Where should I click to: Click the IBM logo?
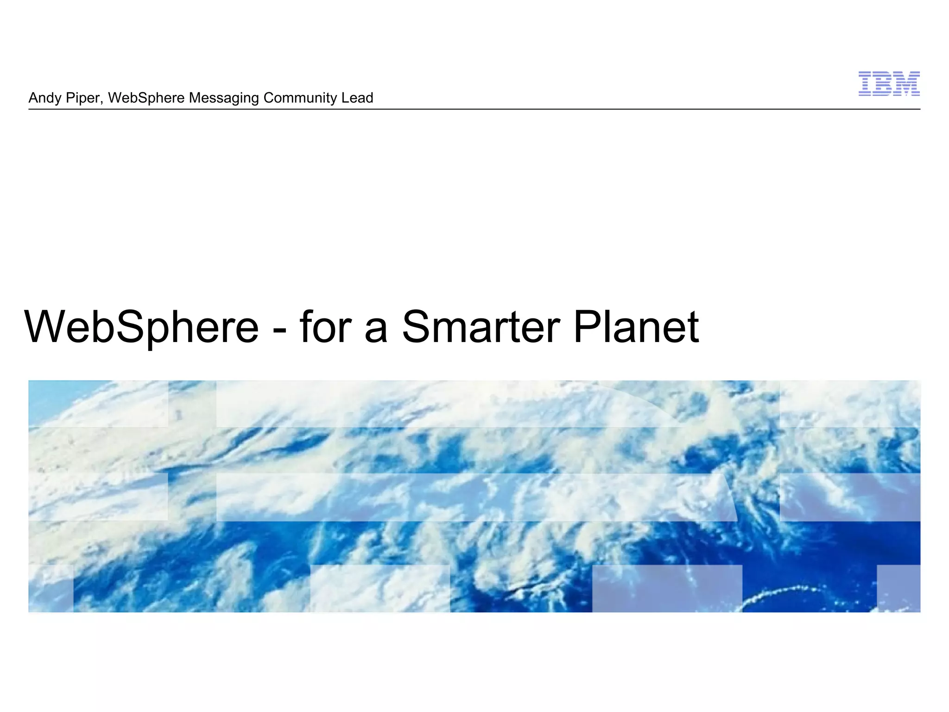(889, 84)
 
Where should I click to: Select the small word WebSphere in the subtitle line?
(146, 98)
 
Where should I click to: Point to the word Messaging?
(224, 98)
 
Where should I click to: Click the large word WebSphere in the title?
(141, 327)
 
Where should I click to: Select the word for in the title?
(325, 326)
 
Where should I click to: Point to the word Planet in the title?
(636, 327)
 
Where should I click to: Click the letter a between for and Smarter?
(376, 331)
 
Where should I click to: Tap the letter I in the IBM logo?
(866, 84)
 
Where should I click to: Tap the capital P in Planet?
(588, 326)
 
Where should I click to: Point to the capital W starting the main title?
(46, 326)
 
